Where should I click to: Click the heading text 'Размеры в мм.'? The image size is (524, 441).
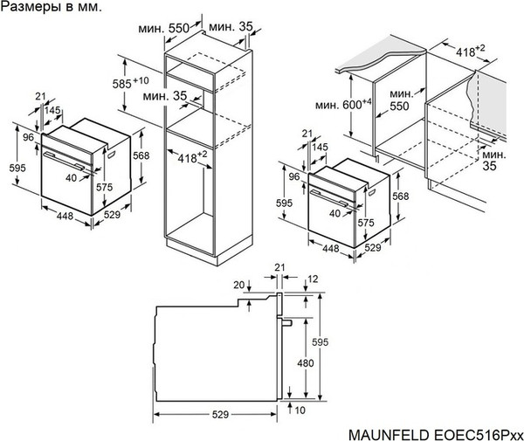[50, 7]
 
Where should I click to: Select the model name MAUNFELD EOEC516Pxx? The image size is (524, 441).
[435, 432]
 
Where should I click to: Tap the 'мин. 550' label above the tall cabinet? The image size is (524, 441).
[164, 28]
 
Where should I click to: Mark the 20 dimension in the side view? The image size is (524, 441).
[238, 285]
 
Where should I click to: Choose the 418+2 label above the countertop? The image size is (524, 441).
[472, 53]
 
